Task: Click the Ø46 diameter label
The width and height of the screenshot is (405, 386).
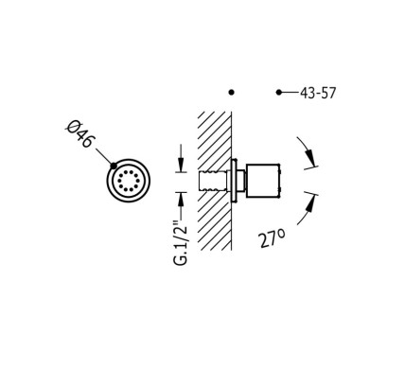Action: click(x=79, y=134)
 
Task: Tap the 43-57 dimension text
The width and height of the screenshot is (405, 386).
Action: click(x=318, y=93)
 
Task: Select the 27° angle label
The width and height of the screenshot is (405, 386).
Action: click(x=273, y=237)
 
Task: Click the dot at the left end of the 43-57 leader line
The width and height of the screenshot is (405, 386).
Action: click(x=279, y=93)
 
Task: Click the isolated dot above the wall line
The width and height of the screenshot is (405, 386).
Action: click(x=232, y=93)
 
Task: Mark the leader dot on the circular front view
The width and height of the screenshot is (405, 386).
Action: click(x=114, y=166)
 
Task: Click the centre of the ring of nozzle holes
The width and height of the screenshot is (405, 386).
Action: click(x=129, y=181)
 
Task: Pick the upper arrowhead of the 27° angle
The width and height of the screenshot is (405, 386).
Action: click(x=311, y=158)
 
